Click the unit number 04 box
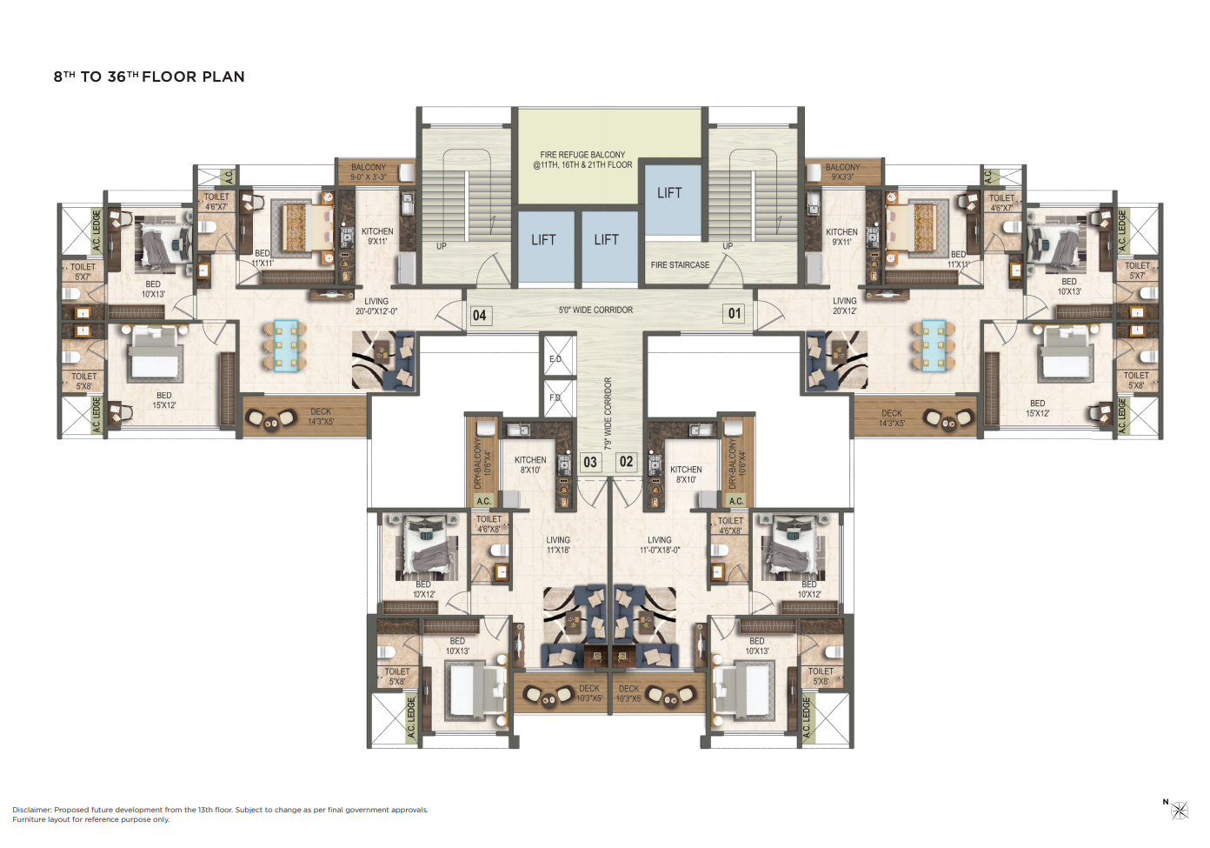479,315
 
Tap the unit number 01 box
735,313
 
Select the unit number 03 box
590,462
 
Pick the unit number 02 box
626,461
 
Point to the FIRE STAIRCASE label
680,265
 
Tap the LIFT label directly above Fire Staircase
669,193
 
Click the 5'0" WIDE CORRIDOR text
595,310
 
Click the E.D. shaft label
555,359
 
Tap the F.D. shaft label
555,397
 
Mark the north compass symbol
1179,811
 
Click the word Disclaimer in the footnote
32,810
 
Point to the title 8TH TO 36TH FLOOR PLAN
150,77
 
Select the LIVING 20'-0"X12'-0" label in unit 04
376,306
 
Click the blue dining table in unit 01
934,345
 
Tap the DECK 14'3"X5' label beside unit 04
321,417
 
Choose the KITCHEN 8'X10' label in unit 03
530,464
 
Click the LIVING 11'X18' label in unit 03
558,544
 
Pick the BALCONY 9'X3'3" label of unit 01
842,171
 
